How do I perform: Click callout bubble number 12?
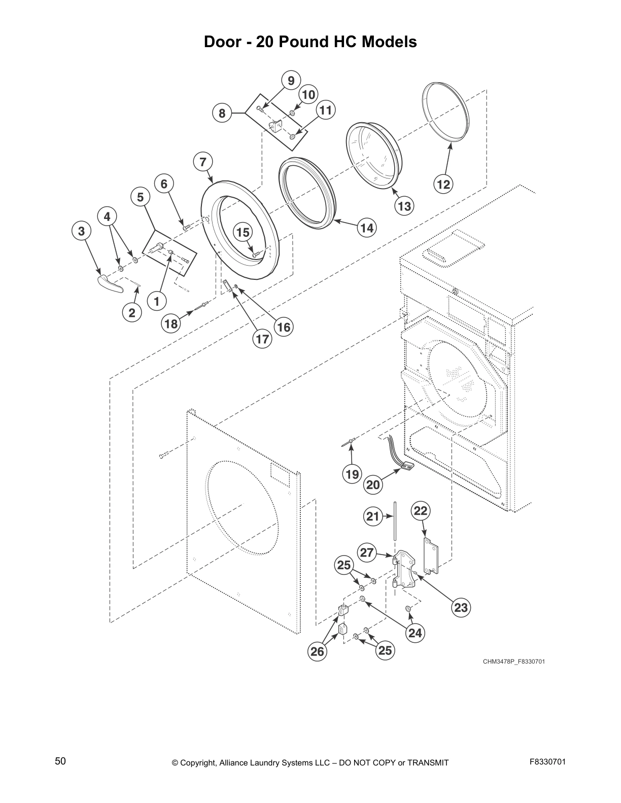coord(444,185)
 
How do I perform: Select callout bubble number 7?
coord(203,162)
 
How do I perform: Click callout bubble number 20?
coord(373,485)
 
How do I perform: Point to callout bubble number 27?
coord(367,553)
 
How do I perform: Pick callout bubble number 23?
coord(461,607)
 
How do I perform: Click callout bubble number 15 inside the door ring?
coord(243,232)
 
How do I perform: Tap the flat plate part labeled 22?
coord(431,556)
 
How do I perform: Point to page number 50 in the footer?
coord(60,761)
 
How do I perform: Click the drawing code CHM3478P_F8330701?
coord(514,662)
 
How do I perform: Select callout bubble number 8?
coord(222,114)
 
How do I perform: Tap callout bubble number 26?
coord(317,651)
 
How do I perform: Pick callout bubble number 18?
coord(171,323)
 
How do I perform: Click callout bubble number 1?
coord(157,302)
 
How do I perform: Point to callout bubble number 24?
coord(415,633)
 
